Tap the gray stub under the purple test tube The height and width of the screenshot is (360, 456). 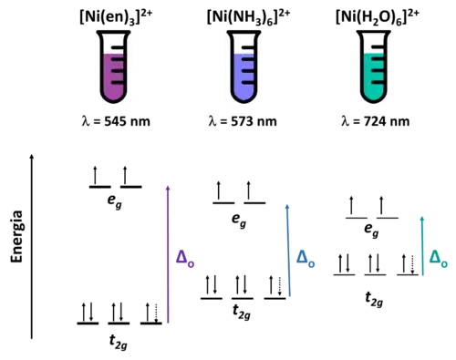coord(113,107)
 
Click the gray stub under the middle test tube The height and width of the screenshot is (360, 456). coord(244,107)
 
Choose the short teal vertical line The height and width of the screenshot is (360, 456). coord(422,244)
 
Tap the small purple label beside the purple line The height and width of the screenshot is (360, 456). coord(184,261)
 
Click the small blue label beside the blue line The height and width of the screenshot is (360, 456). coord(304,261)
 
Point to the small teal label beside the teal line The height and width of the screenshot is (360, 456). coord(439,260)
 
